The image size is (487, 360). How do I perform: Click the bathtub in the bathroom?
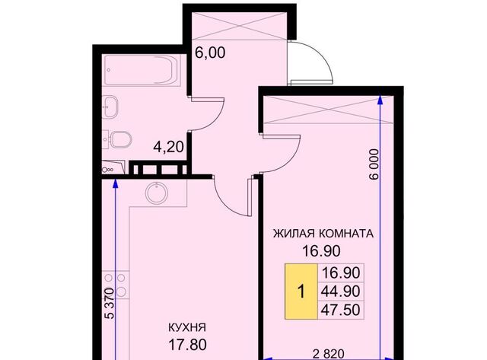[142, 70]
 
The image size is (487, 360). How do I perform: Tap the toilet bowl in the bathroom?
[120, 140]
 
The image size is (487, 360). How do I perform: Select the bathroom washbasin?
[110, 107]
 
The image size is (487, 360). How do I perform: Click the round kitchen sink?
[157, 193]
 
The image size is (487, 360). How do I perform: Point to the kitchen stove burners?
[116, 285]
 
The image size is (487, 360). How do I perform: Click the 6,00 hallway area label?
[210, 53]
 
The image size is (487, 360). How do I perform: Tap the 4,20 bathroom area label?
[169, 147]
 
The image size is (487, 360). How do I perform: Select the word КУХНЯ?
[187, 327]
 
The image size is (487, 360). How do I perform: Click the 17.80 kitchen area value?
[188, 345]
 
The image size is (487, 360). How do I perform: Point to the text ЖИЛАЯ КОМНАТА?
[323, 233]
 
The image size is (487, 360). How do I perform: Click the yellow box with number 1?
[301, 292]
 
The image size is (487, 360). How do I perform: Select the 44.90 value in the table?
[341, 292]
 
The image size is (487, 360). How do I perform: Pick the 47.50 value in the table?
[341, 310]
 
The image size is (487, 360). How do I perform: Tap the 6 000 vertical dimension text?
[374, 164]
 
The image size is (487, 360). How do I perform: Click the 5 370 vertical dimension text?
[110, 304]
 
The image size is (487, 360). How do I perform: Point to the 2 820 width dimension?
[329, 353]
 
